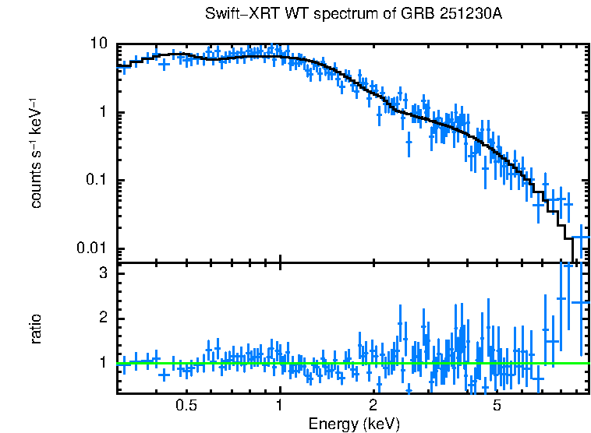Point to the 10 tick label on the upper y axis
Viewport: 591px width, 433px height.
tap(98, 44)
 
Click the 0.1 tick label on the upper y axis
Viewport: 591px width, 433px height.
tap(95, 180)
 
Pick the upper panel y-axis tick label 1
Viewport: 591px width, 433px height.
tap(103, 112)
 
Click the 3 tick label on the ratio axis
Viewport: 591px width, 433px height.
tap(103, 274)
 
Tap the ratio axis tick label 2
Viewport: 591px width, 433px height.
tap(103, 318)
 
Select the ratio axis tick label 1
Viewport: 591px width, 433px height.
tap(103, 362)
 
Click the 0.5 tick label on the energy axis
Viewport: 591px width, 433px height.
tap(186, 406)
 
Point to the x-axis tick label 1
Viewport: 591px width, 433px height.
tap(280, 406)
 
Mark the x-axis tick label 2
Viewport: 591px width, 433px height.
tap(373, 406)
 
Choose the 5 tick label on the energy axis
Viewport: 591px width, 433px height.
tap(497, 406)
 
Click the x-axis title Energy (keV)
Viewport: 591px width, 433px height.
tap(354, 424)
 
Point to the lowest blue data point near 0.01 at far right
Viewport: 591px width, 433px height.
tap(580, 238)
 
